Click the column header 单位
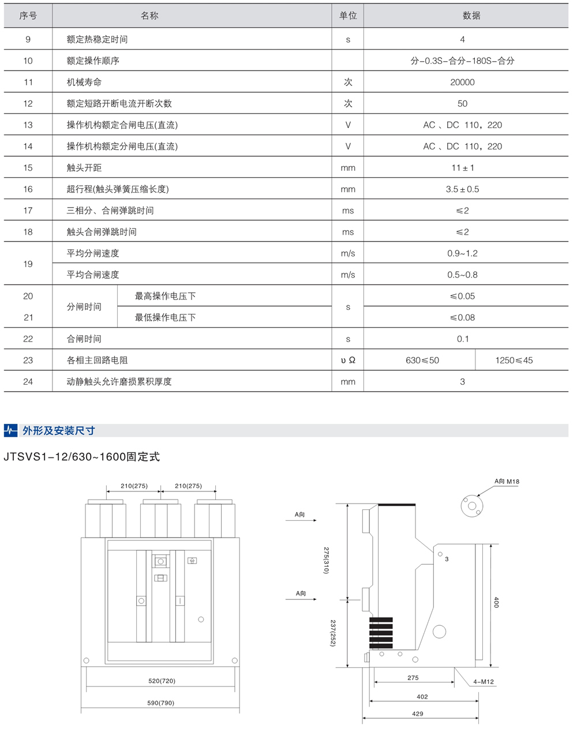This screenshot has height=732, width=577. click(348, 16)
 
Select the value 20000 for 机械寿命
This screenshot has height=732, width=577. click(462, 82)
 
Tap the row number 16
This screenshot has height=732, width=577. click(28, 189)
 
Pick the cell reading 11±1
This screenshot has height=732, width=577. click(462, 168)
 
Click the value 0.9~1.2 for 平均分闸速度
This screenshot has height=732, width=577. click(462, 253)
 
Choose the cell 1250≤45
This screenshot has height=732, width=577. click(514, 361)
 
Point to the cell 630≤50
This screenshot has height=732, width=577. click(422, 361)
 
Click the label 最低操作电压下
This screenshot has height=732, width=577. click(165, 317)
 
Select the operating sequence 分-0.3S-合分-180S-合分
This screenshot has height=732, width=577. click(462, 61)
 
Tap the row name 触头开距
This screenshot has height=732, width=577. click(84, 168)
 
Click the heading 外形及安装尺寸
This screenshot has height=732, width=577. click(58, 430)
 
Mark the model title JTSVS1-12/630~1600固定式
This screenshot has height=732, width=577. click(81, 457)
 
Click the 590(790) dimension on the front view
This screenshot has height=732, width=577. click(161, 703)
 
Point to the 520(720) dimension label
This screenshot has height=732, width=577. click(161, 681)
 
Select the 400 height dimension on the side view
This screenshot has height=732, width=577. click(496, 602)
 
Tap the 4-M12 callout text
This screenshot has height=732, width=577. click(484, 682)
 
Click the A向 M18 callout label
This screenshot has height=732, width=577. click(507, 481)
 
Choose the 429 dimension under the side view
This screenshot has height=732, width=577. click(417, 714)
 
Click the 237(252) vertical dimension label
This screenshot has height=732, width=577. click(333, 633)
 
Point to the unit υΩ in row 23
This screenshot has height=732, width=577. click(348, 361)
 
